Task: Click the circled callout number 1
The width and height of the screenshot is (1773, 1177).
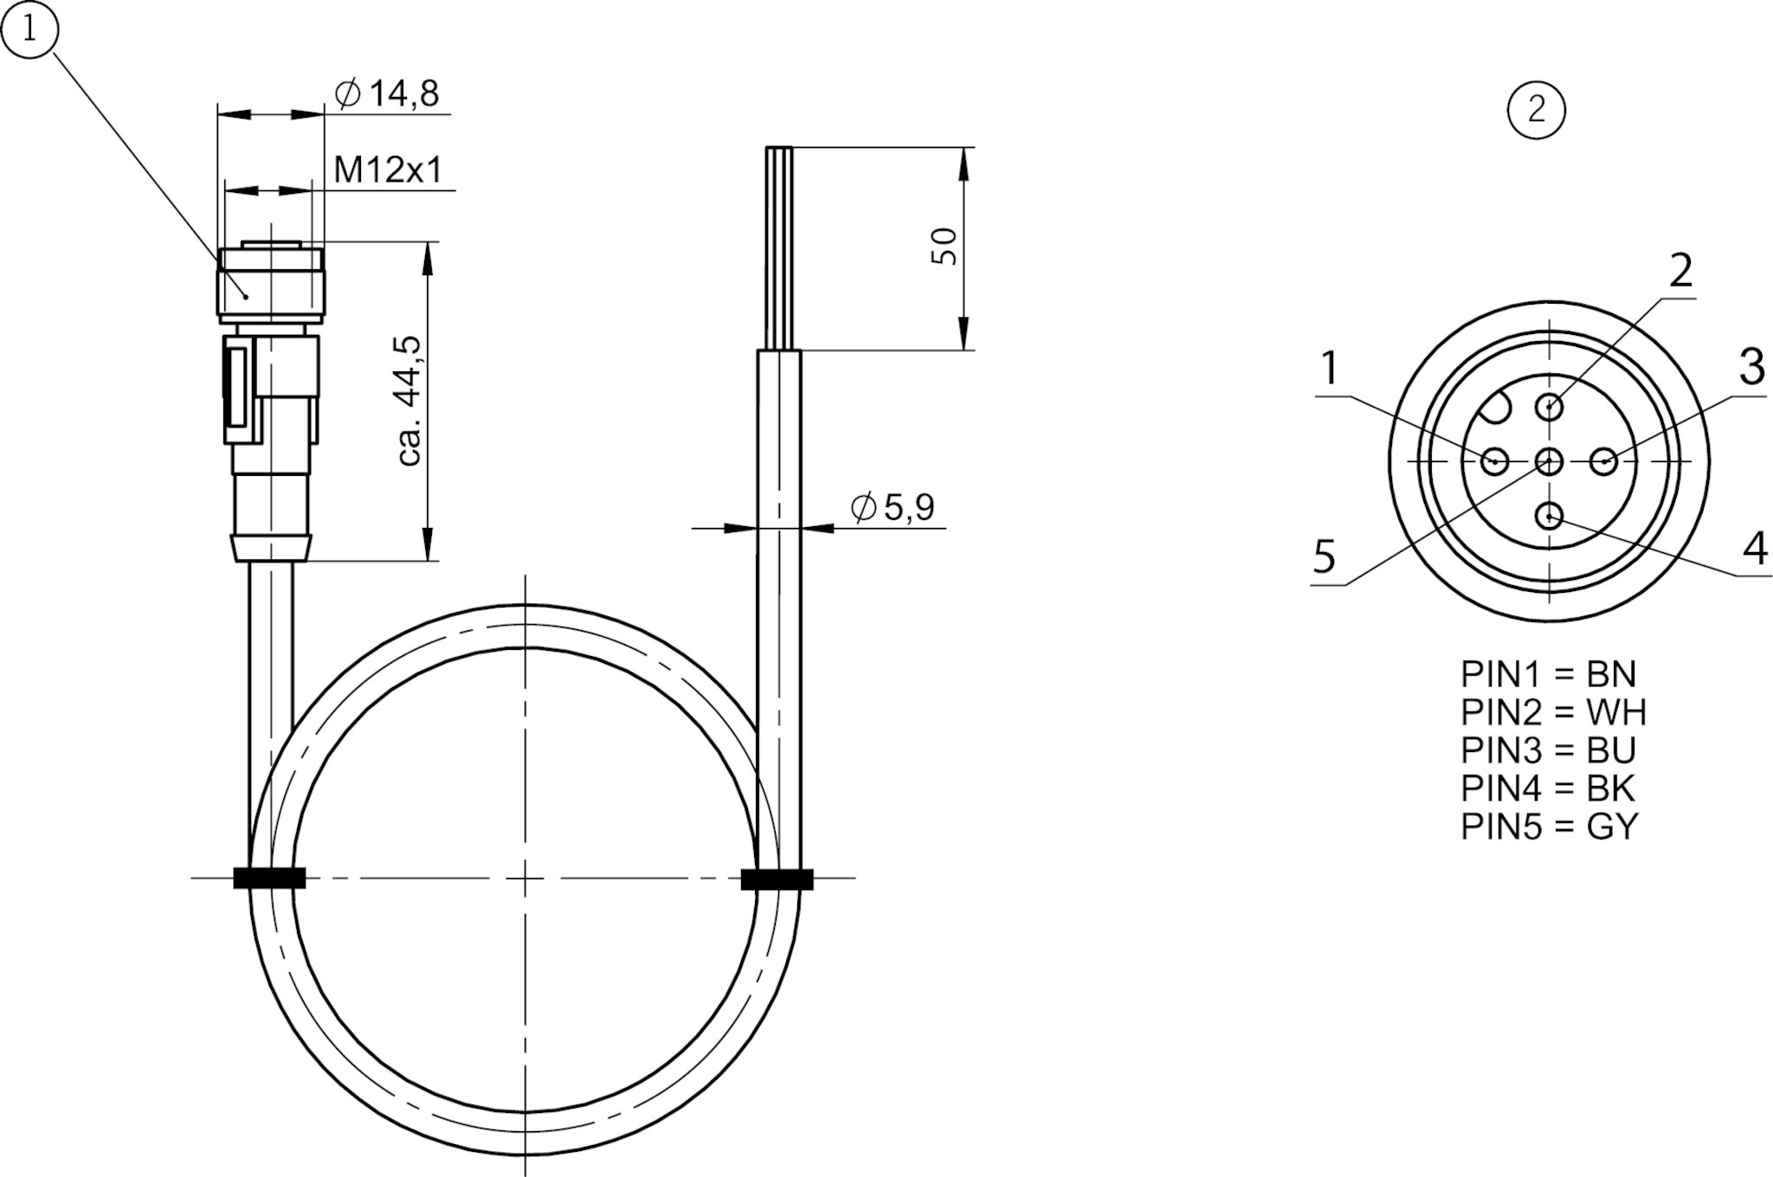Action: (x=29, y=30)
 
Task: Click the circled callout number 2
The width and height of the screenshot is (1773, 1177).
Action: (x=1537, y=110)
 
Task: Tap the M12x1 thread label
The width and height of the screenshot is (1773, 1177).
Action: (x=388, y=170)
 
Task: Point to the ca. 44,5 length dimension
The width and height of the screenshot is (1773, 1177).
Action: (x=409, y=401)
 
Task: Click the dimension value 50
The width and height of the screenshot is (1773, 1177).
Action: (x=945, y=247)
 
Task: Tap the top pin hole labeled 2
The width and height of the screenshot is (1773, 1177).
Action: (x=1550, y=406)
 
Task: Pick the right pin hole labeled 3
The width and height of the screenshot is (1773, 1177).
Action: (x=1604, y=461)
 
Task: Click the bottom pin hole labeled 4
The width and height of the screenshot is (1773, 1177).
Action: (x=1550, y=518)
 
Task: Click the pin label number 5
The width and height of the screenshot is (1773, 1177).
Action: (x=1325, y=556)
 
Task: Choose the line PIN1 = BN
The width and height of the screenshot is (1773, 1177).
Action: (x=1549, y=674)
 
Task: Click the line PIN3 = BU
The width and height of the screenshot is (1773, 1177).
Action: (x=1549, y=750)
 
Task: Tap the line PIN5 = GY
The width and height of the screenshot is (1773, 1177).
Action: (x=1550, y=826)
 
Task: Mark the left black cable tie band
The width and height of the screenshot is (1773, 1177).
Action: (x=269, y=878)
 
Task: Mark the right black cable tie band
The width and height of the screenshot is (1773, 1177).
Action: (x=777, y=879)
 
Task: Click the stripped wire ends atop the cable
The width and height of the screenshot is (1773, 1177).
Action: (x=779, y=248)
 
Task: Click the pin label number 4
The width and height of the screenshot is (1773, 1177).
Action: (x=1754, y=548)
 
